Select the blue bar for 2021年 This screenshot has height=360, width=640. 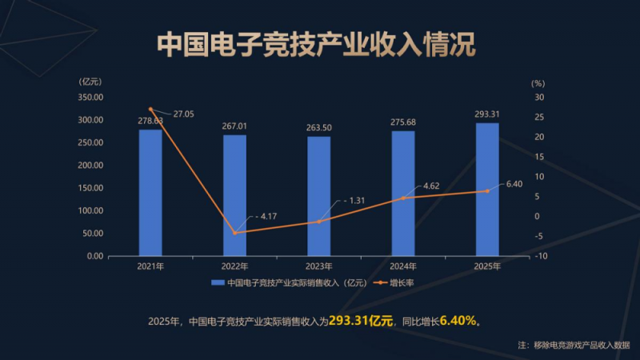(150, 192)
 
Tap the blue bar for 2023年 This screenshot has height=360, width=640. (319, 196)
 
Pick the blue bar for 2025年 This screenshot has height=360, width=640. (487, 189)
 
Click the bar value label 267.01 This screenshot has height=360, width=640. (234, 126)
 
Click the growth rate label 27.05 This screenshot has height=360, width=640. (183, 114)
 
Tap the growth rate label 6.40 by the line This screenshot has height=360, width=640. (514, 184)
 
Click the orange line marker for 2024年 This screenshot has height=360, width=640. (403, 198)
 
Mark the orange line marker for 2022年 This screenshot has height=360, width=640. (234, 233)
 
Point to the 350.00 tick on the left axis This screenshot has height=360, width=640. (91, 97)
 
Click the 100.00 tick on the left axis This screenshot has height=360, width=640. (91, 210)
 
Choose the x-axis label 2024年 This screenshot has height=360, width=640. (403, 266)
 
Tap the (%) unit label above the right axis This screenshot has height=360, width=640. (538, 82)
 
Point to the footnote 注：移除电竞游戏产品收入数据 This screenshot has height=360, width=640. (574, 345)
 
